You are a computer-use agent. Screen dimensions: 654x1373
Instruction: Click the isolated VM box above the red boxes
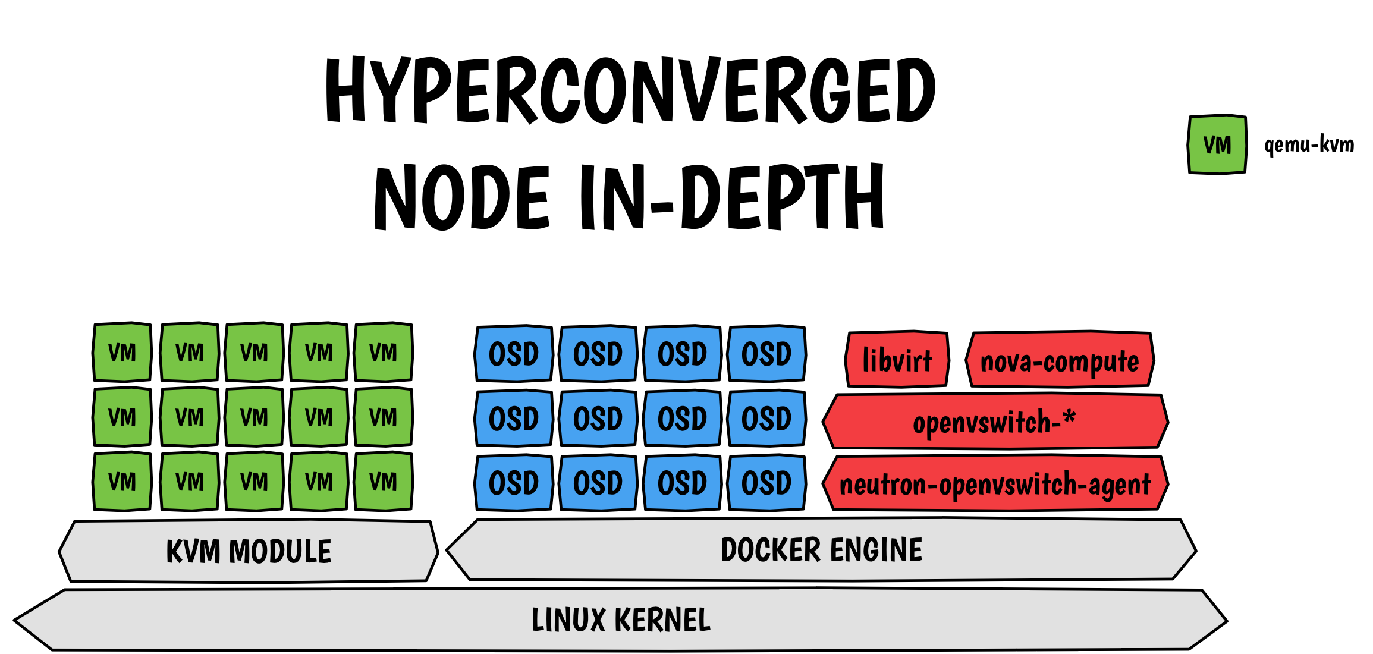[1217, 144]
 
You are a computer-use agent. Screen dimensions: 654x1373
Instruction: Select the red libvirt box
[897, 360]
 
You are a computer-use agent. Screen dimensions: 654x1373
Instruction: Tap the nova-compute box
[1060, 360]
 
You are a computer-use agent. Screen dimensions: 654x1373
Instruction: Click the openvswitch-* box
[995, 422]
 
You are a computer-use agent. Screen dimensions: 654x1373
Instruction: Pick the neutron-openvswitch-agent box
[995, 483]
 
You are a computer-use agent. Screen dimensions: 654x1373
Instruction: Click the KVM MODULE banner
[249, 551]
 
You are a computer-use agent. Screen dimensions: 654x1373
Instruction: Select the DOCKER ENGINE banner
[821, 549]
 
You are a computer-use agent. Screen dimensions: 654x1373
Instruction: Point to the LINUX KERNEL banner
[621, 620]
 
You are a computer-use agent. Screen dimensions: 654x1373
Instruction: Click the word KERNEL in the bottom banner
[662, 620]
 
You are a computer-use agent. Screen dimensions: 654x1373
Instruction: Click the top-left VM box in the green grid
[122, 353]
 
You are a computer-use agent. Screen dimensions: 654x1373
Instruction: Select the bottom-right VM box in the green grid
[383, 482]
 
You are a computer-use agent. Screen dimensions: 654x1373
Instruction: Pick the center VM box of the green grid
[254, 417]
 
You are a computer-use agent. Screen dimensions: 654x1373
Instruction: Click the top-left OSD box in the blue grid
[514, 354]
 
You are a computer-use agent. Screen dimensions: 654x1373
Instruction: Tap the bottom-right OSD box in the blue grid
[766, 483]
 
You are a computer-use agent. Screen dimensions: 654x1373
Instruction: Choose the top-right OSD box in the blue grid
[766, 354]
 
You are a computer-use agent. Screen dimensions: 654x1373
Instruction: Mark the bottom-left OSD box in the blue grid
[514, 483]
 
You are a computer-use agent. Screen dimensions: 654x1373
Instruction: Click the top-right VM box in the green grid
[383, 353]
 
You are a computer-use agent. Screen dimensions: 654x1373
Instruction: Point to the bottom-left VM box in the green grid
[122, 482]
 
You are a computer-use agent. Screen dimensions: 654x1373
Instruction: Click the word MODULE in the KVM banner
[280, 552]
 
